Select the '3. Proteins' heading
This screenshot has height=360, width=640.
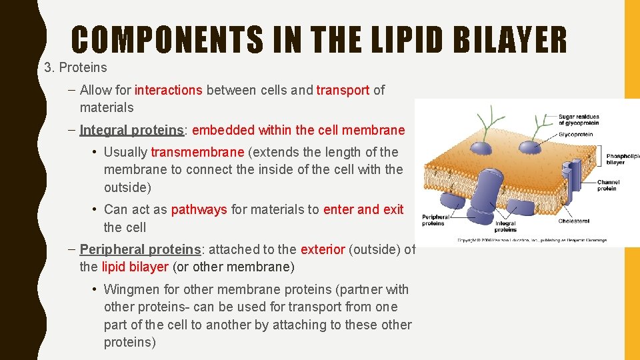pos(75,67)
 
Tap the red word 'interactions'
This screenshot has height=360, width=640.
pos(168,90)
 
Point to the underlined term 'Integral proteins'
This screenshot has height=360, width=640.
pos(131,130)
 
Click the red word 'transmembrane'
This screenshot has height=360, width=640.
pos(197,152)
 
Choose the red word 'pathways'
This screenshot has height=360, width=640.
pos(199,209)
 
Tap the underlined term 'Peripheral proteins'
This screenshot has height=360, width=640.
pos(140,249)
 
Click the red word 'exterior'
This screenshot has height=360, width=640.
pos(323,249)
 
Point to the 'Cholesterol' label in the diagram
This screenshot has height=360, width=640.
pos(574,221)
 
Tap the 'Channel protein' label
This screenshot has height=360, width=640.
pos(608,185)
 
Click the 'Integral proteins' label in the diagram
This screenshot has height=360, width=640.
pos(505,227)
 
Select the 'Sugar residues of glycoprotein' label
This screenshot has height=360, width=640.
pos(579,120)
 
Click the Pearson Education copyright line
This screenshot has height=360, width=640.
pos(531,240)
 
